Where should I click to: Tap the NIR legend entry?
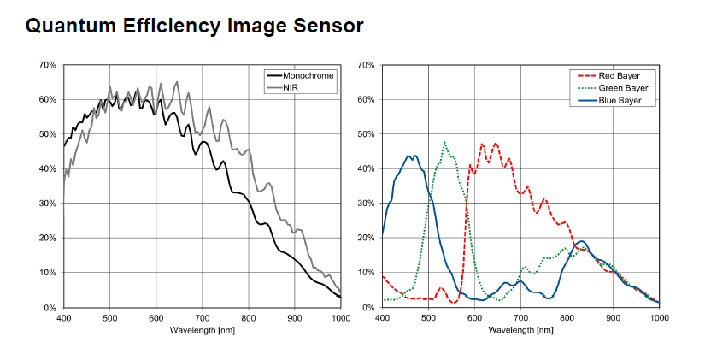coord(291,88)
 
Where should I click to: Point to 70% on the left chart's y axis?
coord(47,65)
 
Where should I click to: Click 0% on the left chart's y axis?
coord(50,307)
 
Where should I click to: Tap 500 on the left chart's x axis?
coord(109,317)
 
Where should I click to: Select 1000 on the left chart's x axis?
coord(340,317)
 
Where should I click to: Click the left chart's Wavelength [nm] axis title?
coord(202,329)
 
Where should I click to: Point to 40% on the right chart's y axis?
coord(366,168)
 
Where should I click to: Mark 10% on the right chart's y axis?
coord(366,273)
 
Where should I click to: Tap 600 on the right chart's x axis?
coord(474,317)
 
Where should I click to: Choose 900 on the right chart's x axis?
coord(613,317)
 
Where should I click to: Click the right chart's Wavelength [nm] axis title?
coord(520,329)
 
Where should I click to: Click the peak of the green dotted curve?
coord(445,142)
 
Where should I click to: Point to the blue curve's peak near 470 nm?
coord(414,156)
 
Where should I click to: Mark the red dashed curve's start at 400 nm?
coord(383,276)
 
